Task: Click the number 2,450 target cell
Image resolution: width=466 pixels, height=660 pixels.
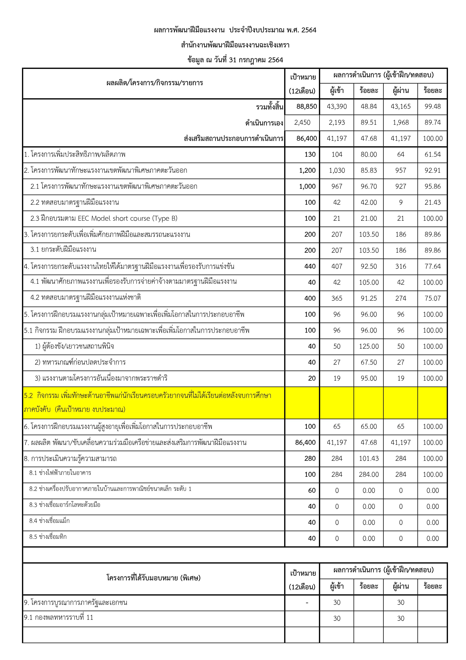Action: pos(302,122)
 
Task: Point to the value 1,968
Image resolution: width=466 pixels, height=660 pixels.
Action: pos(401,122)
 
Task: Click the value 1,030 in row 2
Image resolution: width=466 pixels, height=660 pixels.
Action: pos(337,170)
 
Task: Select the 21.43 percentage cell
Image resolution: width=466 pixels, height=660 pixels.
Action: pos(432,202)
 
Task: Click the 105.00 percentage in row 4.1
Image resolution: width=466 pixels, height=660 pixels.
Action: pos(369,282)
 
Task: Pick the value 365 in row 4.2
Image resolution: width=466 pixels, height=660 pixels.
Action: pos(337,298)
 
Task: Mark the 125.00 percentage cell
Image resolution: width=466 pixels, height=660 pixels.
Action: pos(369,346)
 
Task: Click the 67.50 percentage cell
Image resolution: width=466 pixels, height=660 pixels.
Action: pos(369,362)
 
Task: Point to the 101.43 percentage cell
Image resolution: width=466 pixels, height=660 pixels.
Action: pos(369,459)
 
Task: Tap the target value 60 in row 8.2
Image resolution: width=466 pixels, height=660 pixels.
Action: pos(312,490)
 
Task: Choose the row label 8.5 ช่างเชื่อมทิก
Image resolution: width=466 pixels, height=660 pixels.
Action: pos(48,537)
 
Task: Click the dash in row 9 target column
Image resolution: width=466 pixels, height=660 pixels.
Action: pos(307,602)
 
